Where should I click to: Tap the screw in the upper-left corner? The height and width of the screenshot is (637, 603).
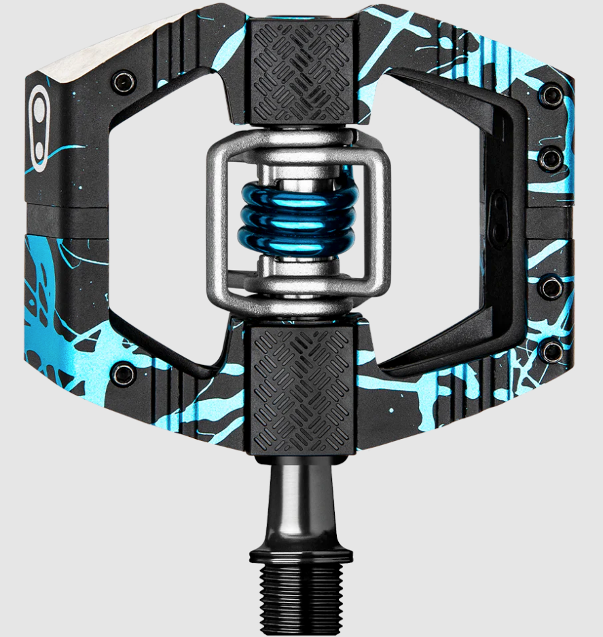coord(124,82)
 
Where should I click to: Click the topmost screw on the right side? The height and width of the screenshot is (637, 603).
coord(551,95)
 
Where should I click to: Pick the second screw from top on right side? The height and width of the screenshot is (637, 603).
coord(551,160)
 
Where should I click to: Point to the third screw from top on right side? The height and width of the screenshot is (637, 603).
coord(551,288)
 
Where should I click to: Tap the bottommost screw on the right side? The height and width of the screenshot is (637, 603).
coord(551,351)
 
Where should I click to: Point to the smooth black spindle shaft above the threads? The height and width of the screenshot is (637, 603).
coord(300,499)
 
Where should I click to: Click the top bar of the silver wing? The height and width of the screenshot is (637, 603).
coord(299,144)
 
